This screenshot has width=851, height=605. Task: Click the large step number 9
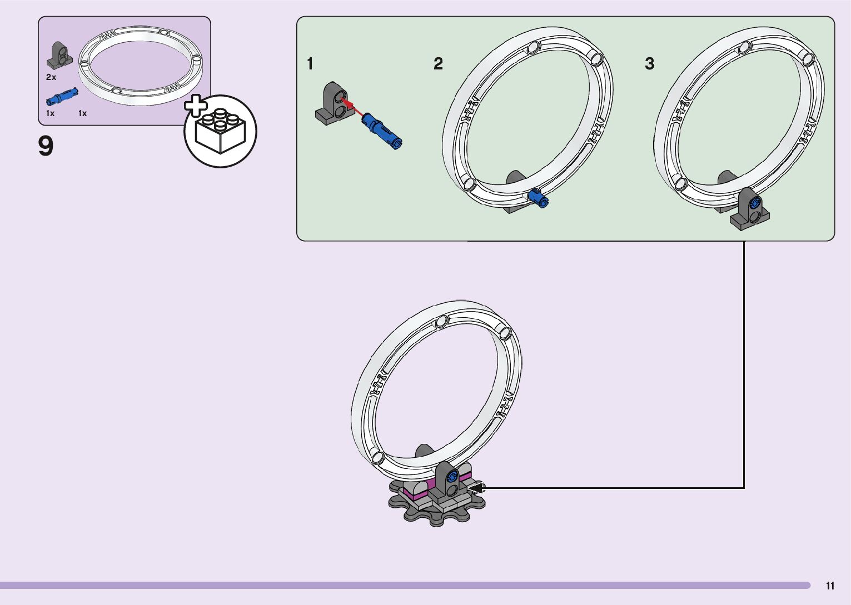coord(46,146)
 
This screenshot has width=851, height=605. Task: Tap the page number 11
coord(830,586)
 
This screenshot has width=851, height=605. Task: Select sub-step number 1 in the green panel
coord(310,64)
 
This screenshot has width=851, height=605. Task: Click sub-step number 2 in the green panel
coord(438,64)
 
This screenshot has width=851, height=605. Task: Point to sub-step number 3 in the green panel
coord(649,64)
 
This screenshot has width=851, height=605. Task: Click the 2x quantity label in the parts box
coord(51,77)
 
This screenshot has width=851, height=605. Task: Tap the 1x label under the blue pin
coord(50,113)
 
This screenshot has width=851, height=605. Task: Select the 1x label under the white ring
coord(82,113)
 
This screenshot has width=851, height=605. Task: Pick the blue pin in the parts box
coord(61,98)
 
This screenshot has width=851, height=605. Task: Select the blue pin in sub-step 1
coord(382,131)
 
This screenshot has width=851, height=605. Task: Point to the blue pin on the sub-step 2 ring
coord(538,198)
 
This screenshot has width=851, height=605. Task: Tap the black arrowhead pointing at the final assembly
coord(477,488)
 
